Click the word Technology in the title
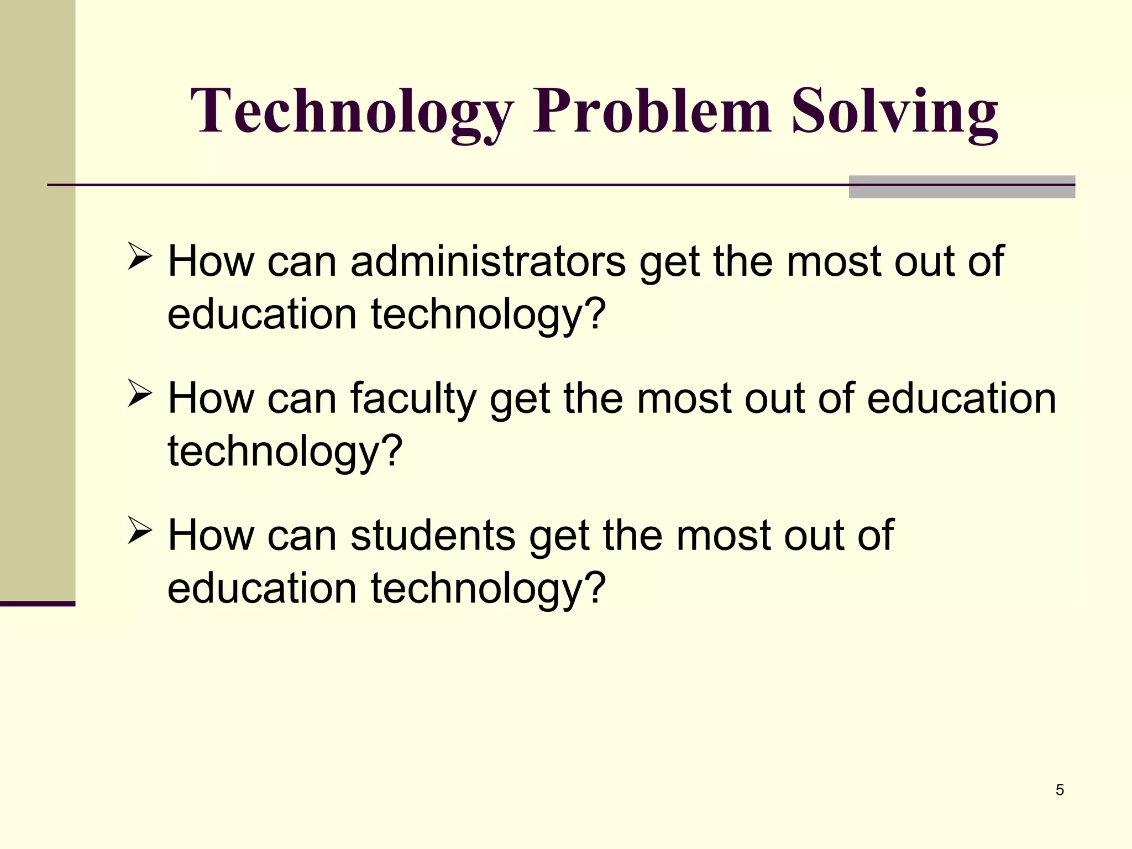(352, 112)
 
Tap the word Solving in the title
(895, 112)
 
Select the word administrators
(488, 261)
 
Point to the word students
(433, 535)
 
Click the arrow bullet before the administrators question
(139, 256)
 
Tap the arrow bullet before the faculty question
(139, 393)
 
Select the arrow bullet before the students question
(139, 530)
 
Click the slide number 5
(1059, 790)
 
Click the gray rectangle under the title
(962, 187)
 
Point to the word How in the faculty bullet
(211, 398)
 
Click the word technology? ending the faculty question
(285, 451)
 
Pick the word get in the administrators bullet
(670, 262)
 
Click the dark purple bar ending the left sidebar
(38, 604)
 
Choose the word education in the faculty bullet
(961, 398)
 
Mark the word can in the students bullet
(302, 535)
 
